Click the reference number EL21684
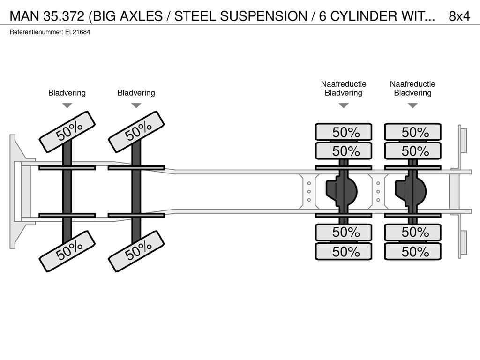77,32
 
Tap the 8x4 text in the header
459,16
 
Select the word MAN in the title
25,16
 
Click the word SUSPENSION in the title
263,16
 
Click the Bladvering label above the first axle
67,93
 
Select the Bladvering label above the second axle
136,93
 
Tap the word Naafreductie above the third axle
344,84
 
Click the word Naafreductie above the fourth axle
412,84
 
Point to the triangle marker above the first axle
67,105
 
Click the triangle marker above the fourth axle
412,105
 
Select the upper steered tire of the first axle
67,132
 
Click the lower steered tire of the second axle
136,251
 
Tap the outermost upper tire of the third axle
344,132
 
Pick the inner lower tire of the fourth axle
412,232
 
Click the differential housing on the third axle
342,192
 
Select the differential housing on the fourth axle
411,192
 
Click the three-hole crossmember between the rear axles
378,192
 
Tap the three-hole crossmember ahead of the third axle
309,192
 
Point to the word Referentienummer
36,32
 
